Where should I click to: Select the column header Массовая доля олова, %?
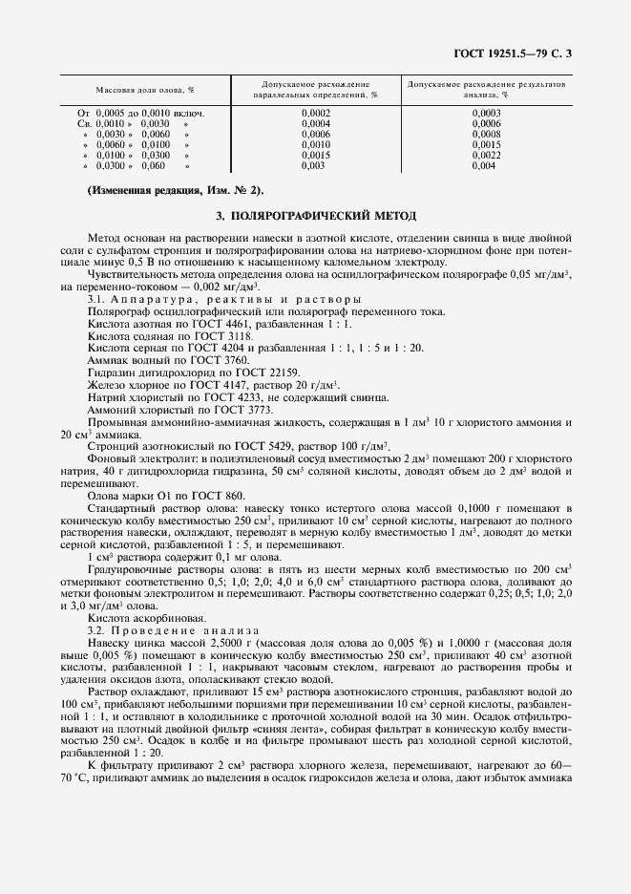click(x=145, y=89)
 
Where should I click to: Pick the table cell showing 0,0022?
click(x=486, y=155)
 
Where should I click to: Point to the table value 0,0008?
click(x=486, y=135)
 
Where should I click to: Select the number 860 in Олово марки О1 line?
click(x=233, y=495)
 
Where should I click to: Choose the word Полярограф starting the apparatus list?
click(x=116, y=311)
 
